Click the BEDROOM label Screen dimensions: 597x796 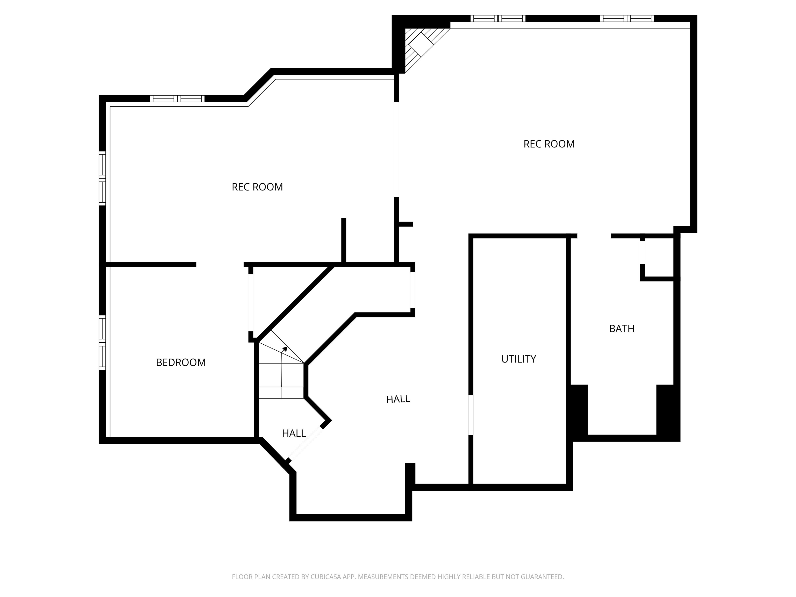pos(181,363)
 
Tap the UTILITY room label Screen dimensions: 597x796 pos(518,359)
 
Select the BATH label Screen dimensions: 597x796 pos(621,329)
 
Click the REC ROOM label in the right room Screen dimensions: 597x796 pos(549,144)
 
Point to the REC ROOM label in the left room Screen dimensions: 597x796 pos(257,187)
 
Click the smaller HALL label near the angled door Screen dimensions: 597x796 pos(294,433)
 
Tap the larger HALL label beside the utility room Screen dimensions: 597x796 pos(398,399)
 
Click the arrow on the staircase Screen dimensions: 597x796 pos(284,348)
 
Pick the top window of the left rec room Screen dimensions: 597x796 pos(177,99)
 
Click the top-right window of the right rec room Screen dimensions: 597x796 pos(627,18)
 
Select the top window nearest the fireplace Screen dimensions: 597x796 pos(498,18)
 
